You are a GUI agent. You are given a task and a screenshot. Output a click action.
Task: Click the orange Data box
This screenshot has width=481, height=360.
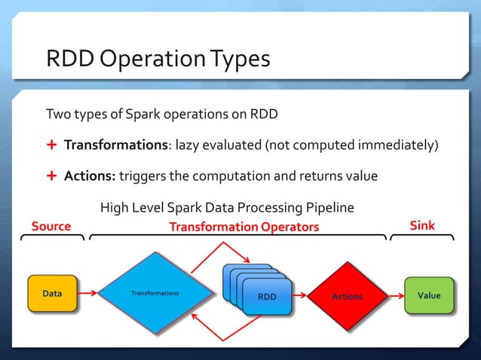tap(52, 294)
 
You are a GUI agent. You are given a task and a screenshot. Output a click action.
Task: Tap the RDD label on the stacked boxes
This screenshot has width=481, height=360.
tap(267, 297)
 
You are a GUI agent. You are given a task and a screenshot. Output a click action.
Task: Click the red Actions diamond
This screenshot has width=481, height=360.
tap(347, 296)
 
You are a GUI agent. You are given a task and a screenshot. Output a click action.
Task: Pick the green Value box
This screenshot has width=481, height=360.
tap(430, 295)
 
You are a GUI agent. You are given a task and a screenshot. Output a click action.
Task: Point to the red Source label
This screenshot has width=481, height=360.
tap(51, 226)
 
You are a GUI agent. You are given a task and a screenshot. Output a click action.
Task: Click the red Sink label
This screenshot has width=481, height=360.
tap(422, 226)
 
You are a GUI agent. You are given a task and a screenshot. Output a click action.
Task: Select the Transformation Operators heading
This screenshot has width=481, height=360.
tap(244, 227)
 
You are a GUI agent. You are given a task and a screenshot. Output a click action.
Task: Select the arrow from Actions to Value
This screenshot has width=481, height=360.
tap(391, 296)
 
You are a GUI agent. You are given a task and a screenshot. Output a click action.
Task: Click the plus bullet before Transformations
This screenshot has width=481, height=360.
tap(51, 145)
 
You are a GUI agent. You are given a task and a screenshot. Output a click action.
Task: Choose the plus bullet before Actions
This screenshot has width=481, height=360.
tap(51, 175)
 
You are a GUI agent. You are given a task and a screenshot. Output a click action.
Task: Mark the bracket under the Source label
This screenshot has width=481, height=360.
tap(52, 238)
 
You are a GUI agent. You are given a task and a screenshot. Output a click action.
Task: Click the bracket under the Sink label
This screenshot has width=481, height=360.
tap(421, 238)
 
